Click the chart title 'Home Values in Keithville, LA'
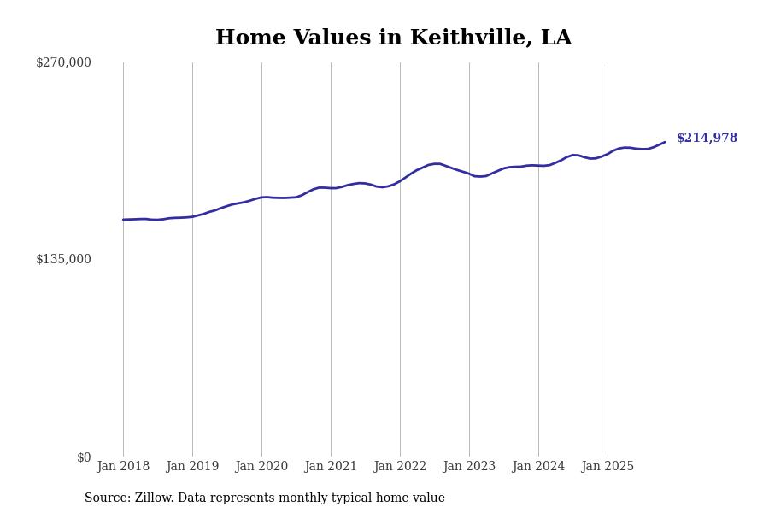[393, 38]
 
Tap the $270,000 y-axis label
[63, 62]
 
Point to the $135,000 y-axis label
[63, 259]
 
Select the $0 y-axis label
[84, 457]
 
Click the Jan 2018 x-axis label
[123, 467]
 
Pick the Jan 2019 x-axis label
[192, 467]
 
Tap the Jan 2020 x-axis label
[261, 467]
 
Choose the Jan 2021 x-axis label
[331, 467]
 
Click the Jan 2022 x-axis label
[400, 467]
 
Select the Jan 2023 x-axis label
[469, 467]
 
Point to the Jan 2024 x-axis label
[538, 467]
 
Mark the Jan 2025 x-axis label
[608, 467]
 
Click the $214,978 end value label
[707, 139]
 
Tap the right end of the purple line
[665, 142]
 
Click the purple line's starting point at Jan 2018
[123, 220]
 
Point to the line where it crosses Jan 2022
[400, 180]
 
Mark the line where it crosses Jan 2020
[261, 198]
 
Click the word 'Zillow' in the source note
[153, 498]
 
